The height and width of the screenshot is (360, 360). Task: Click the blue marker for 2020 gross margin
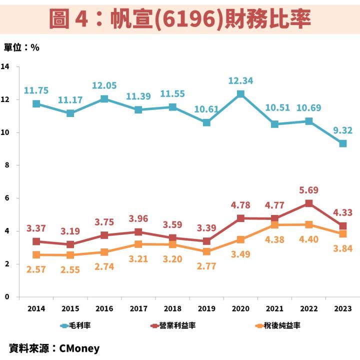coord(240,94)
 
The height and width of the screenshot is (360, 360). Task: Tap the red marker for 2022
coord(309,203)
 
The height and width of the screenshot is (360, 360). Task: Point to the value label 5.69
coord(308,190)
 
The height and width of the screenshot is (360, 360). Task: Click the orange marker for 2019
coord(206,251)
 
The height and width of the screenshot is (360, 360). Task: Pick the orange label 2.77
coord(206,266)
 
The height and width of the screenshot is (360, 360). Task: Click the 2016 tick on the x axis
coord(104,308)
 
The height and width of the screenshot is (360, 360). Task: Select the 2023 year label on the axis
coord(342,308)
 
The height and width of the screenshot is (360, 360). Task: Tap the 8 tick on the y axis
coord(7,165)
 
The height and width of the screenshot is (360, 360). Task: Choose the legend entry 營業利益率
coord(173,325)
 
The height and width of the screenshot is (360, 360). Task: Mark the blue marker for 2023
coord(343,143)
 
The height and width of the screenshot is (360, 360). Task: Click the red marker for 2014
coord(36,241)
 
